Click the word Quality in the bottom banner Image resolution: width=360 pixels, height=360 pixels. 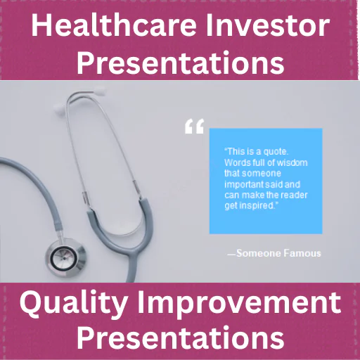74,303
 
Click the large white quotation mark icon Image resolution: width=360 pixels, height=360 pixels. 194,127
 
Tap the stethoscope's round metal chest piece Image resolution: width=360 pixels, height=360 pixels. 65,257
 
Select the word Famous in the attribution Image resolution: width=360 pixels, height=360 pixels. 302,253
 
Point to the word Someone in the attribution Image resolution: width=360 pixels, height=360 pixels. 259,253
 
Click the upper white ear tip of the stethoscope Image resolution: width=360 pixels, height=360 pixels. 99,89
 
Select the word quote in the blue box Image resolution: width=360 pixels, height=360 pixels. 276,152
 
